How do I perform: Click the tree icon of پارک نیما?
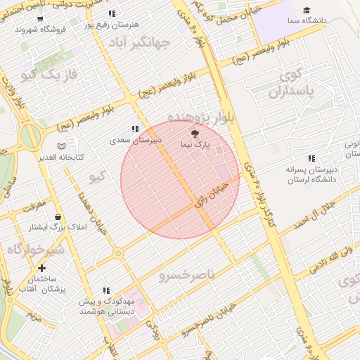pos(195,133)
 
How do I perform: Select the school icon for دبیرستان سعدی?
pos(134,129)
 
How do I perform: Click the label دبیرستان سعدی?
pos(135,141)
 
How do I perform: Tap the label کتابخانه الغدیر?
pos(60,157)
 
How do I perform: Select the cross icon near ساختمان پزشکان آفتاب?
pos(41,268)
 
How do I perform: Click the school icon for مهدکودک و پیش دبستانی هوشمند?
pos(106,290)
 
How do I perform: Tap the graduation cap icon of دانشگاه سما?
pos(307,10)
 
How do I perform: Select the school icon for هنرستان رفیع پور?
pos(112,14)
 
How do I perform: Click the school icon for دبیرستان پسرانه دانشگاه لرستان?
pos(311,159)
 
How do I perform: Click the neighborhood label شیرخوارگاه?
pos(34,250)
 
